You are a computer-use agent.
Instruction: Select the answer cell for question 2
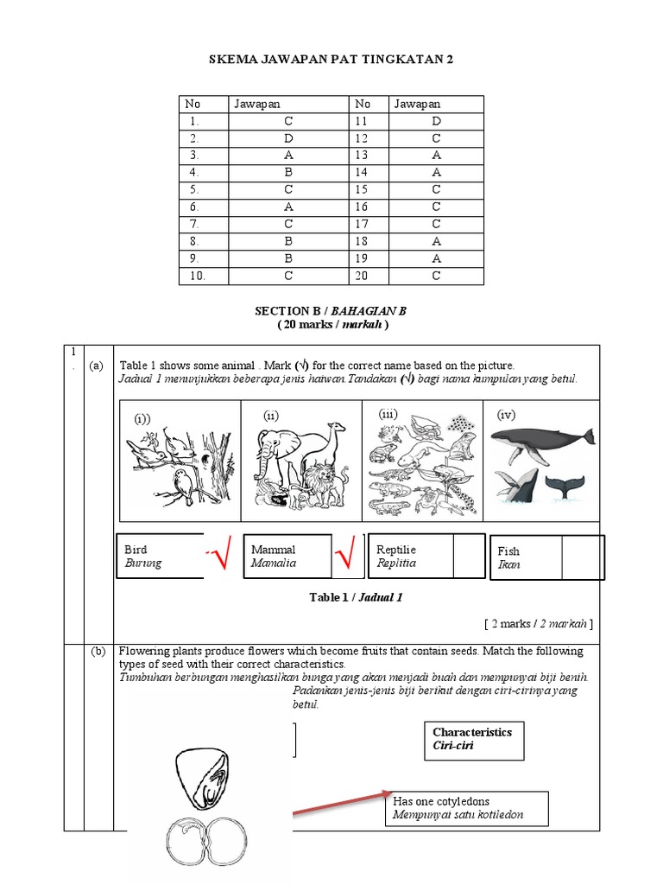pyautogui.click(x=288, y=138)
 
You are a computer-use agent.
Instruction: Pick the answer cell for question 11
pyautogui.click(x=436, y=121)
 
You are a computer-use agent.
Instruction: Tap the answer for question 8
pyautogui.click(x=288, y=241)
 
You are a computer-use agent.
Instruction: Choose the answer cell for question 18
pyautogui.click(x=436, y=241)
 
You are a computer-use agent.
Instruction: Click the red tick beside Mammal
pyautogui.click(x=347, y=557)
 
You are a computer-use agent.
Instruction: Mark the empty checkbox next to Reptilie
pyautogui.click(x=469, y=556)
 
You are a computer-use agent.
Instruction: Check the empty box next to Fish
pyautogui.click(x=583, y=557)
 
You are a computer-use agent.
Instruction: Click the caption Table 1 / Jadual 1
pyautogui.click(x=356, y=597)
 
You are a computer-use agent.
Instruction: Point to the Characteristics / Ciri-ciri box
pyautogui.click(x=473, y=738)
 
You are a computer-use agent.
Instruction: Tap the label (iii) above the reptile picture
pyautogui.click(x=388, y=415)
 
